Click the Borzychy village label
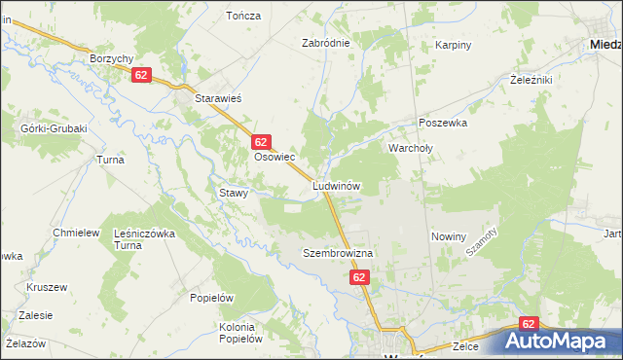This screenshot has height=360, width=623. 110,58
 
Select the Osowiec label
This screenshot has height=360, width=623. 275,156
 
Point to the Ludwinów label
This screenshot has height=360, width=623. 337,185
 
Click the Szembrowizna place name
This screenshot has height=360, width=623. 338,252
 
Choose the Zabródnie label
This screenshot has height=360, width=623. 326,43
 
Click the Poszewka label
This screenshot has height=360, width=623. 443,124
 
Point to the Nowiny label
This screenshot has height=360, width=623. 449,236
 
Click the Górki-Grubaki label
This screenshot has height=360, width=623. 54,128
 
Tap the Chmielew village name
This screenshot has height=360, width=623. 77,233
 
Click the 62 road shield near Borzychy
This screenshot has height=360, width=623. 142,75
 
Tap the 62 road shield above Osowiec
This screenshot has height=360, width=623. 260,142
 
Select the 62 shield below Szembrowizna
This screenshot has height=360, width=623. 360,277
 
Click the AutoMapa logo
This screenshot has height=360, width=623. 560,342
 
